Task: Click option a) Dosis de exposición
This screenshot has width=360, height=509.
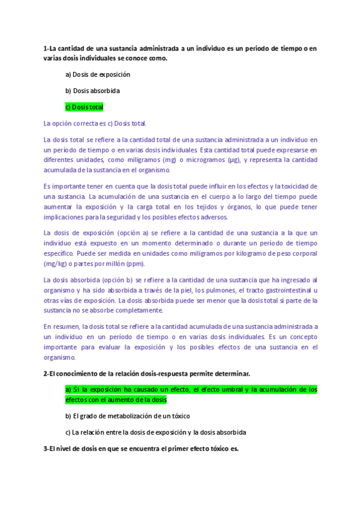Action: pos(97,74)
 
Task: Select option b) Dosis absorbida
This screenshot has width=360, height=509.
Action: pos(92,91)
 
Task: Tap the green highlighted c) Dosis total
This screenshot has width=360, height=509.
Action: pos(84,107)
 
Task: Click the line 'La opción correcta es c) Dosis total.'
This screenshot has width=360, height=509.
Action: pos(95,123)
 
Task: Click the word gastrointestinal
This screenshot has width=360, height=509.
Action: pos(286,290)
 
